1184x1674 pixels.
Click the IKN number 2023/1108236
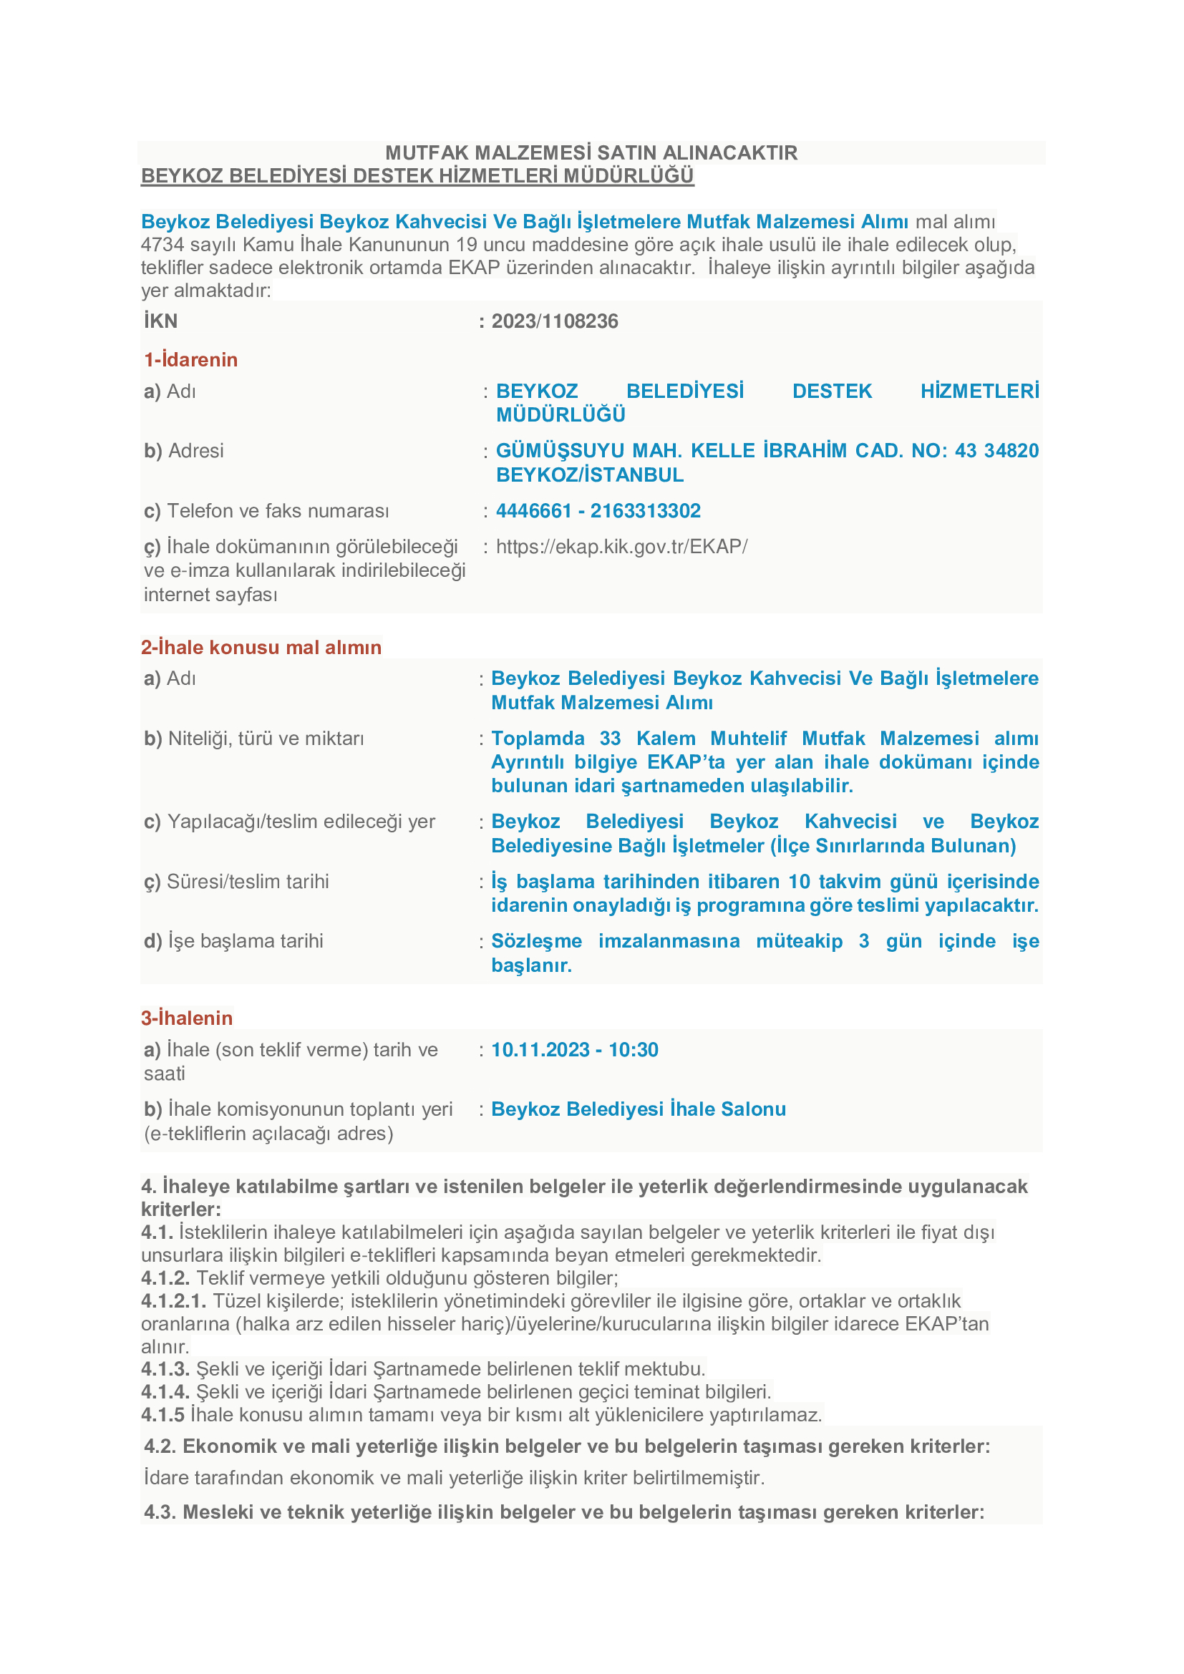click(554, 321)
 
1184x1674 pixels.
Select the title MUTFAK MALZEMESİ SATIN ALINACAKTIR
click(591, 152)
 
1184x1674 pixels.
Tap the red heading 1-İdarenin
click(191, 359)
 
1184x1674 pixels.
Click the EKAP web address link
click(621, 546)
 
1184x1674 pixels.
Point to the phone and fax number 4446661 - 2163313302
click(598, 510)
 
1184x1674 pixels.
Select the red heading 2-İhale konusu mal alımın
click(261, 648)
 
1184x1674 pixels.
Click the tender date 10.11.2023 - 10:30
click(575, 1050)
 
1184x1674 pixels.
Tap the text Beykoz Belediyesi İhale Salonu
click(638, 1109)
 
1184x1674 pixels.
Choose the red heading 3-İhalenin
click(188, 1018)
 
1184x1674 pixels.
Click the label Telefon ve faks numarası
click(267, 510)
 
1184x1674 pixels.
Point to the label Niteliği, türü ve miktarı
click(254, 739)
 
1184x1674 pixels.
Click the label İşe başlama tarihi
click(234, 941)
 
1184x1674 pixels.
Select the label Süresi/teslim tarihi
click(237, 882)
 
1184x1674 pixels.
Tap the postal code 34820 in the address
click(1011, 451)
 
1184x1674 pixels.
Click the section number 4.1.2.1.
click(173, 1300)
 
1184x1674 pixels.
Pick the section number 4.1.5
click(162, 1415)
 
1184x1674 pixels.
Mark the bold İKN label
click(160, 321)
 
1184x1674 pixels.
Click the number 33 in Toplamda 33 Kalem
click(610, 739)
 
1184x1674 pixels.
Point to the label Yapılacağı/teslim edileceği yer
click(290, 822)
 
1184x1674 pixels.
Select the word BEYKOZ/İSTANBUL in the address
click(590, 475)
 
